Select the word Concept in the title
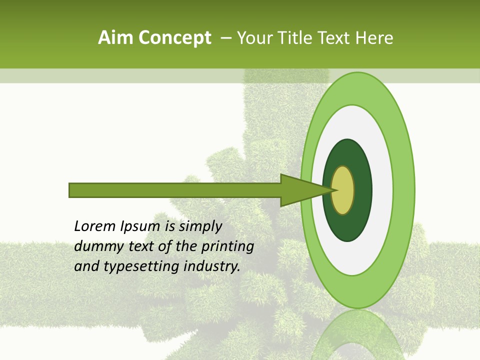pyautogui.click(x=174, y=38)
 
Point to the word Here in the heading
pyautogui.click(x=374, y=38)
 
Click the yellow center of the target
pyautogui.click(x=343, y=190)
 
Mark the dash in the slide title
pyautogui.click(x=225, y=38)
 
